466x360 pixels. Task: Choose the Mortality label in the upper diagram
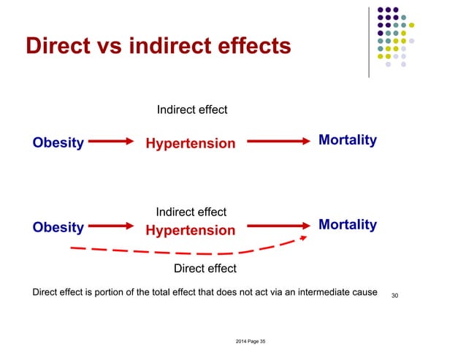348,140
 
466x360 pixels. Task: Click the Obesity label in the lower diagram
58,227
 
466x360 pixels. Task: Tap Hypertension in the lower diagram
191,231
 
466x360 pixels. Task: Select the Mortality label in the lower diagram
348,225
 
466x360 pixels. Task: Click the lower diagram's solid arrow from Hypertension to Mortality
275,227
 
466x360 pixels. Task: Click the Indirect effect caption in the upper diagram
192,110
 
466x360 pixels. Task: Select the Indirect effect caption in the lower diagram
191,212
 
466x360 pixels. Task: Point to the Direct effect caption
205,269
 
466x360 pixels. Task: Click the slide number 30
394,294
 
